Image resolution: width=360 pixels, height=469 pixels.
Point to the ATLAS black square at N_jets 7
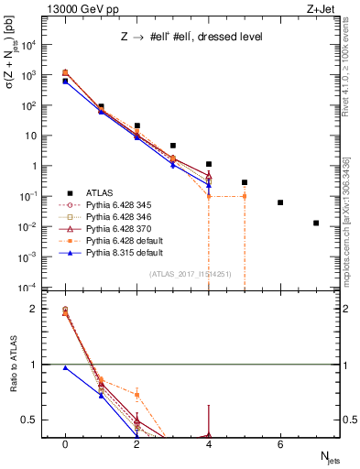pyautogui.click(x=316, y=223)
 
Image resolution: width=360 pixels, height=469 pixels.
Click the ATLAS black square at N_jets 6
pyautogui.click(x=280, y=202)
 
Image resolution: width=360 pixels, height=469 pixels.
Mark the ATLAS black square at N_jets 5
pyautogui.click(x=245, y=182)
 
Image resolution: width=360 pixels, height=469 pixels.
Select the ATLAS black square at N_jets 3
pyautogui.click(x=172, y=145)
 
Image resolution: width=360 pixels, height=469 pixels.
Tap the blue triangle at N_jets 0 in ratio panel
pyautogui.click(x=65, y=367)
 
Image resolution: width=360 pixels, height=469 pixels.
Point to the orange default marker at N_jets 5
pyautogui.click(x=245, y=196)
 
